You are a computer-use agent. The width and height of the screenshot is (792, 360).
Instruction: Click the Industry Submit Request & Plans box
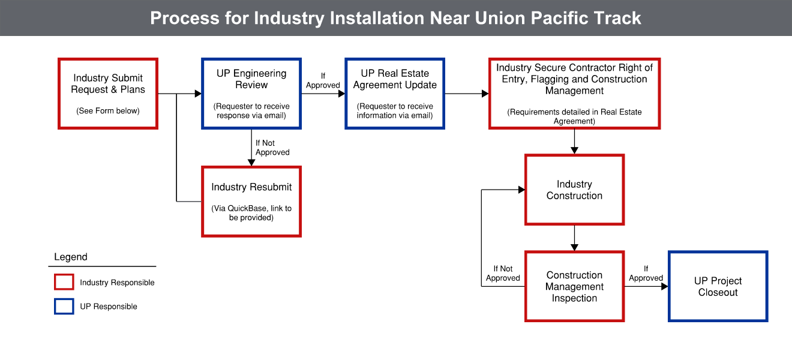(108, 93)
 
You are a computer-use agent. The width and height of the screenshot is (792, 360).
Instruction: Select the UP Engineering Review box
(251, 93)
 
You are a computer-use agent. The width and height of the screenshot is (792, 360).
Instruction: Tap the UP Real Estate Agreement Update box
(395, 93)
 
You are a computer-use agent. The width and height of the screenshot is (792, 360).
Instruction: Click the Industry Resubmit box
(251, 201)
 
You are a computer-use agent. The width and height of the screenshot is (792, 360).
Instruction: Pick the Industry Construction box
(574, 190)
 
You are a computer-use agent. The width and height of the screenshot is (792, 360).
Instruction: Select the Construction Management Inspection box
(574, 286)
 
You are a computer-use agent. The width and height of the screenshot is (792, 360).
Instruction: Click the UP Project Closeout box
(718, 286)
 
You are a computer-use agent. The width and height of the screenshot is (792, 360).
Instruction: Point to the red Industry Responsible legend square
(64, 282)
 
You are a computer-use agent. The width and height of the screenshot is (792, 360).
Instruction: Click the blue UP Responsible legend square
(64, 306)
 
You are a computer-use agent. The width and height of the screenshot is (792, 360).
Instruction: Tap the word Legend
(71, 257)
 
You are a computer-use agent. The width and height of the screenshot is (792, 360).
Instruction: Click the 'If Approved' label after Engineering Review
(323, 81)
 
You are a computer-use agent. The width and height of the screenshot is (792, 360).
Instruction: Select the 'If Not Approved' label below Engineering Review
(272, 148)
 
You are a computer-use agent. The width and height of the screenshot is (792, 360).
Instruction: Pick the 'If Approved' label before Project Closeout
(646, 274)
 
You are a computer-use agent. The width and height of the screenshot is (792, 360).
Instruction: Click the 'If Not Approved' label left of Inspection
(503, 274)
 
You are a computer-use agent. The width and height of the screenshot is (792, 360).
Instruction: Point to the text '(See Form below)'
(108, 111)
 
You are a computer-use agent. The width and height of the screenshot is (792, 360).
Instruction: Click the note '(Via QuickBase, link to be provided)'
(251, 213)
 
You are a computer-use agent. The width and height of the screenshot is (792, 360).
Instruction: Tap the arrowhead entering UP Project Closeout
(664, 286)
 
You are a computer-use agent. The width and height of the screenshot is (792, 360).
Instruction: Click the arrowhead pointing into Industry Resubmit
(251, 162)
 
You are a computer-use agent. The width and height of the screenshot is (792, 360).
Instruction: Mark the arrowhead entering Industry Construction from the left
(521, 190)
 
